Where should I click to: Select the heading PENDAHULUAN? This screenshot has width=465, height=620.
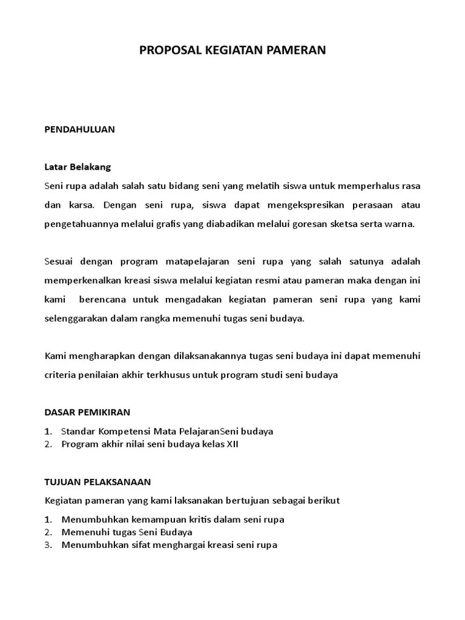point(80,130)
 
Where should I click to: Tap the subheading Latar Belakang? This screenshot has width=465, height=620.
point(77,167)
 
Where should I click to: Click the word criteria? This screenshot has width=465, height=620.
point(60,375)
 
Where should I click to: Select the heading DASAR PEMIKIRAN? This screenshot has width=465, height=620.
point(88,412)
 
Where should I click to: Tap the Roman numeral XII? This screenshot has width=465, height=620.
point(232,444)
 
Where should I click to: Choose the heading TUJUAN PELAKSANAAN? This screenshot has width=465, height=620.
point(97,482)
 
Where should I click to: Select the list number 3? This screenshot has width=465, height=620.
point(48,545)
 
